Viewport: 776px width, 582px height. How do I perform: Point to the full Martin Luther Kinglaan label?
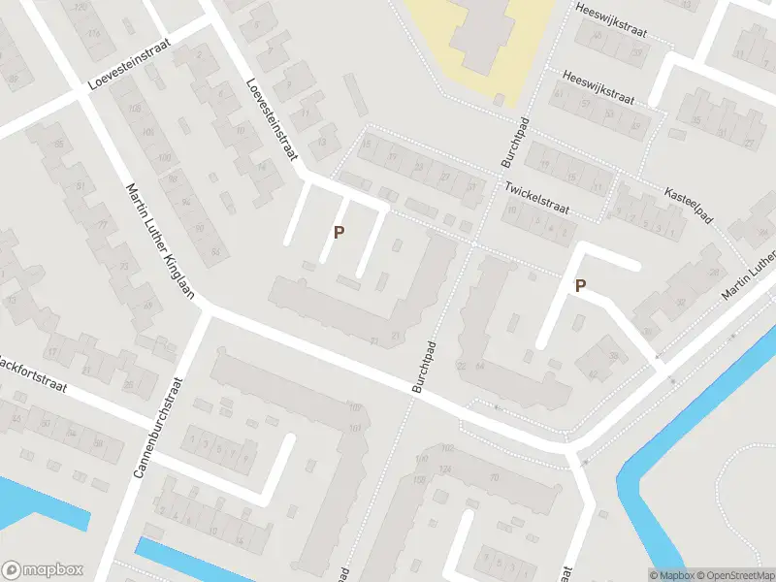point(162,242)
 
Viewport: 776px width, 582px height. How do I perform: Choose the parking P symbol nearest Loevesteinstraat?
point(339,232)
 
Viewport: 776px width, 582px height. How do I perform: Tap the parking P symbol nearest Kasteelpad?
point(580,285)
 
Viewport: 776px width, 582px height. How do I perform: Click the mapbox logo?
point(44,570)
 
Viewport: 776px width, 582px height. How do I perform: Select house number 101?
point(356,428)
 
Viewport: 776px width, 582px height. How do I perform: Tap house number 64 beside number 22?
point(479,366)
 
